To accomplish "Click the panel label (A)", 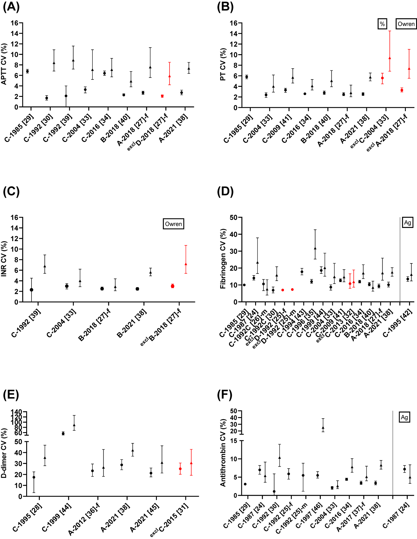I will click(x=11, y=6).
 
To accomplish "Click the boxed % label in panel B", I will click(x=382, y=24).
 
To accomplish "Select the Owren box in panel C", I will click(x=173, y=224).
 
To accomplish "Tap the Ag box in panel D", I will click(x=407, y=223).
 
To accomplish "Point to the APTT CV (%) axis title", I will click(x=4, y=64).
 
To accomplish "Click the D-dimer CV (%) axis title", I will click(x=4, y=453).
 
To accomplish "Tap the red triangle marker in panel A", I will click(x=170, y=76).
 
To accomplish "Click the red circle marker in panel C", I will click(x=172, y=286).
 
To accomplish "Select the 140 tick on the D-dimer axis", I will click(x=18, y=412).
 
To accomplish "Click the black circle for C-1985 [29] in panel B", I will click(x=247, y=77).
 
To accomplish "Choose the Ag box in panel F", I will click(x=404, y=417).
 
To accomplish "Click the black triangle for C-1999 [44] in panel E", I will click(x=74, y=425).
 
